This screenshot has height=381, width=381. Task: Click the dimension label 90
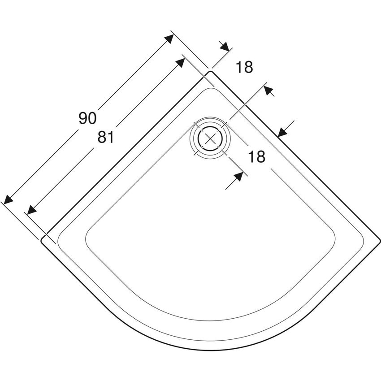click(87, 118)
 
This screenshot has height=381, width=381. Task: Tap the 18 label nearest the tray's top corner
click(244, 67)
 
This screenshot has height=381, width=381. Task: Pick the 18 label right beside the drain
click(256, 156)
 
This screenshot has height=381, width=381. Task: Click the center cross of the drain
click(210, 139)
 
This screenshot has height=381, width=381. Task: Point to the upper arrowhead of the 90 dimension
click(169, 39)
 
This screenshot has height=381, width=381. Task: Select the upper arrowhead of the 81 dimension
click(180, 62)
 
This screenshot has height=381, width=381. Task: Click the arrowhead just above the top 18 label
click(224, 47)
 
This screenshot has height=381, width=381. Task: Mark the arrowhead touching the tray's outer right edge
click(282, 132)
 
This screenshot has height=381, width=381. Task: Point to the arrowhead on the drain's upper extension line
click(268, 90)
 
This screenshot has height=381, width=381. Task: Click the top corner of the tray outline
click(210, 71)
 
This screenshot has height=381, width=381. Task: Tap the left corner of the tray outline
click(41, 240)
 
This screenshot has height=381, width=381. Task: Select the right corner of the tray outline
click(380, 240)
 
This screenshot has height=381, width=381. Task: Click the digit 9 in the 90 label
click(83, 118)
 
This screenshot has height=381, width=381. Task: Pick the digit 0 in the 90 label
click(92, 118)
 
